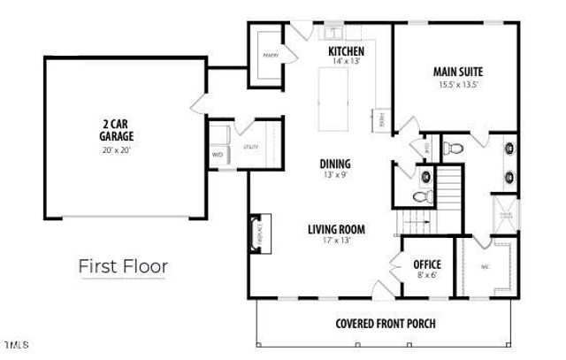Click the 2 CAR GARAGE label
point(116,131)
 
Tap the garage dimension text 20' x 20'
point(116,149)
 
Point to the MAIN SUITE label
point(456,72)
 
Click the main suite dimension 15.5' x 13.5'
point(457,85)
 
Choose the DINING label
point(335,164)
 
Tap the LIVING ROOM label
point(336,230)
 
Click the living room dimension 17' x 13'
point(336,241)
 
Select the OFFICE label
point(427,264)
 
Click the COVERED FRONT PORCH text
point(385,322)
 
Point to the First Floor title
point(123,264)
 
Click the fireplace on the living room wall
point(257,233)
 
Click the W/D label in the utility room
point(217,155)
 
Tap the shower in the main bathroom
point(508,213)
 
